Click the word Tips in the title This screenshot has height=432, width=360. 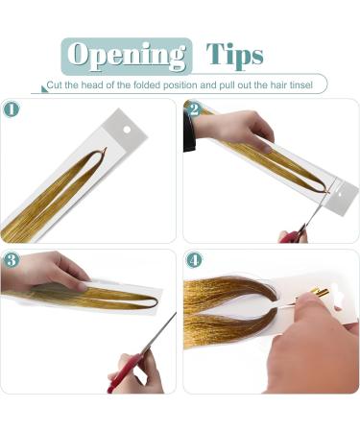235,55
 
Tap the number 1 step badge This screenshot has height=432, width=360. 12,108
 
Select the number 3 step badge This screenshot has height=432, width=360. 12,260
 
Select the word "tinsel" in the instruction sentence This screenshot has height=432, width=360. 300,86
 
